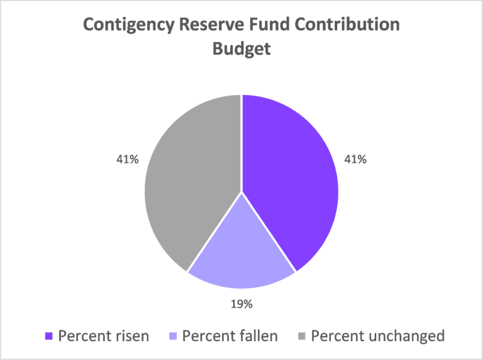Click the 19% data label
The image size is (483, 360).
click(241, 304)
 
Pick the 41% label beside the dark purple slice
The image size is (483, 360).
click(355, 159)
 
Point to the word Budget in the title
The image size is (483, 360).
click(241, 49)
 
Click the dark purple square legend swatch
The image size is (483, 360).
click(48, 336)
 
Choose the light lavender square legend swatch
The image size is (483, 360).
click(172, 336)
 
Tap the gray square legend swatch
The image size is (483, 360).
click(301, 336)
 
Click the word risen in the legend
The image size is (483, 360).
click(130, 335)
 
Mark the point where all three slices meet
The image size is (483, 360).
click(241, 191)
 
